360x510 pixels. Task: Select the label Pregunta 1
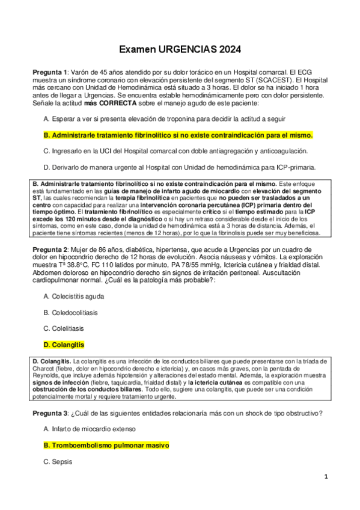(51, 72)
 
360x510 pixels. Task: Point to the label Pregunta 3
(51, 413)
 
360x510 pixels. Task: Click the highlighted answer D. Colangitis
(64, 345)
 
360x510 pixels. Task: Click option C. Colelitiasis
(64, 329)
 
